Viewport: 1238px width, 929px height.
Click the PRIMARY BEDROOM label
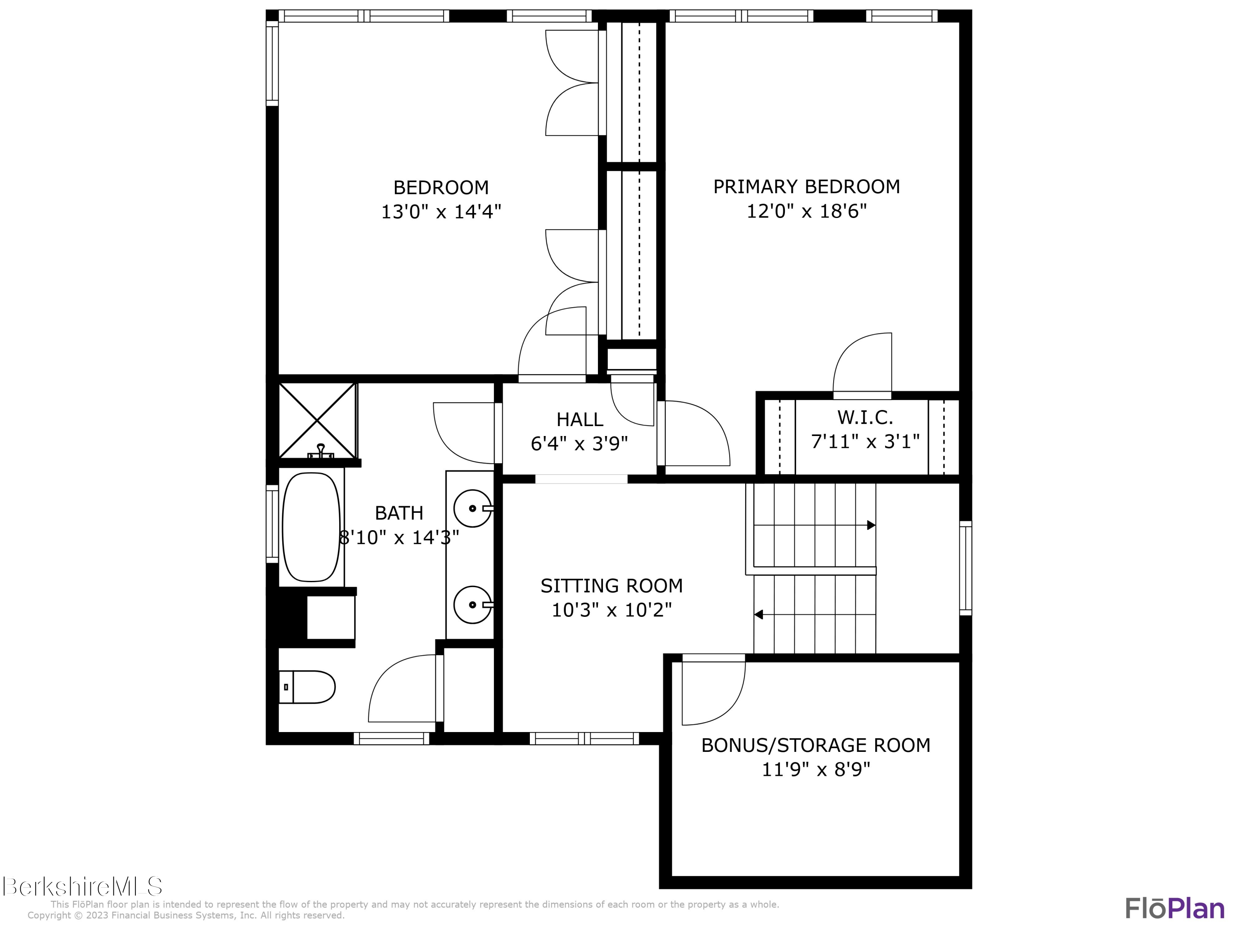806,187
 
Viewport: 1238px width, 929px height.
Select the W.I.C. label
865,417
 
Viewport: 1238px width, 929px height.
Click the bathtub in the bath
311,527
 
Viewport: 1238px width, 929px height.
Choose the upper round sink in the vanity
472,508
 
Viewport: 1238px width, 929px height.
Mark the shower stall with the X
317,420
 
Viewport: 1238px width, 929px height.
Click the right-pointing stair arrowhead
871,525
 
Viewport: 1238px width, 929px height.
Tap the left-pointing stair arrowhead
759,615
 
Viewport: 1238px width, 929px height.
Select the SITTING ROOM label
611,586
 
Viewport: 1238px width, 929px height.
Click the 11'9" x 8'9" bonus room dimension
815,770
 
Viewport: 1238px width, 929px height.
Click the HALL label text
579,419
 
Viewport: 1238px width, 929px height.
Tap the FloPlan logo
1174,908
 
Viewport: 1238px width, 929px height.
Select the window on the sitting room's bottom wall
584,739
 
